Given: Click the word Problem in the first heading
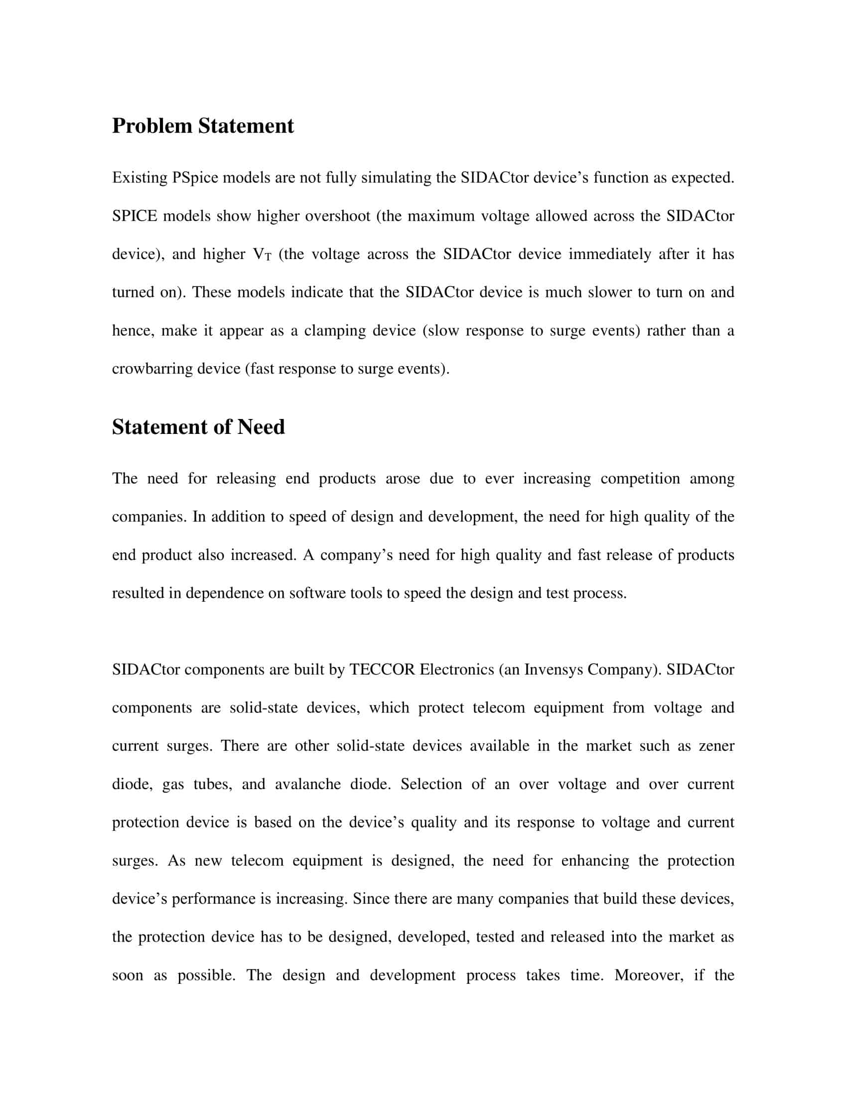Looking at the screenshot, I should (x=152, y=126).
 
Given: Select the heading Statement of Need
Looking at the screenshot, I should (x=198, y=427).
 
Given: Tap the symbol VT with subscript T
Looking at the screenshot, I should (x=262, y=255).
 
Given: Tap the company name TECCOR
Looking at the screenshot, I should (x=382, y=670).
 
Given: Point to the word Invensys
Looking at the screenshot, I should (x=554, y=670).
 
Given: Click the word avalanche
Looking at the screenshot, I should (x=307, y=784).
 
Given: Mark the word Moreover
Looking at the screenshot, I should (x=648, y=975).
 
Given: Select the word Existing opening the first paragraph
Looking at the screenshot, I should (x=139, y=178).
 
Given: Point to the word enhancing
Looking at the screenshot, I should (x=594, y=860).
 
